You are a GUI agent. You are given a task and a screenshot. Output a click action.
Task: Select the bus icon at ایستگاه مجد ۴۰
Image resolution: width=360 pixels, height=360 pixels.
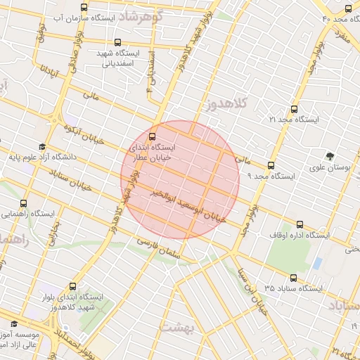[349, 8]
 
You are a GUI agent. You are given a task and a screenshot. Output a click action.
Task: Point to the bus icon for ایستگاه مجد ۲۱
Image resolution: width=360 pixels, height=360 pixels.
[294, 109]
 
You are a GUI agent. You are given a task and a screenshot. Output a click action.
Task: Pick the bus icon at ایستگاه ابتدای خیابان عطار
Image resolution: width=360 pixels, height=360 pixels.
[153, 136]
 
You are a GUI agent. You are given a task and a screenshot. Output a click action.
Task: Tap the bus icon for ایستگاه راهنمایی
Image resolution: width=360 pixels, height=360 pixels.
[25, 202]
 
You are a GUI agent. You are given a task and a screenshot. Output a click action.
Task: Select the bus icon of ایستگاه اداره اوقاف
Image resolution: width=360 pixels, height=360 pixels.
[300, 225]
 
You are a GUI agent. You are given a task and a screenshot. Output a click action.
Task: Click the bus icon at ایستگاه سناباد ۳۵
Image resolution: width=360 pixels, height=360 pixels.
[293, 278]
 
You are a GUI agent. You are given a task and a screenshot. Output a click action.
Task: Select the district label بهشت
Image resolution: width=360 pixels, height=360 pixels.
[176, 327]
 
